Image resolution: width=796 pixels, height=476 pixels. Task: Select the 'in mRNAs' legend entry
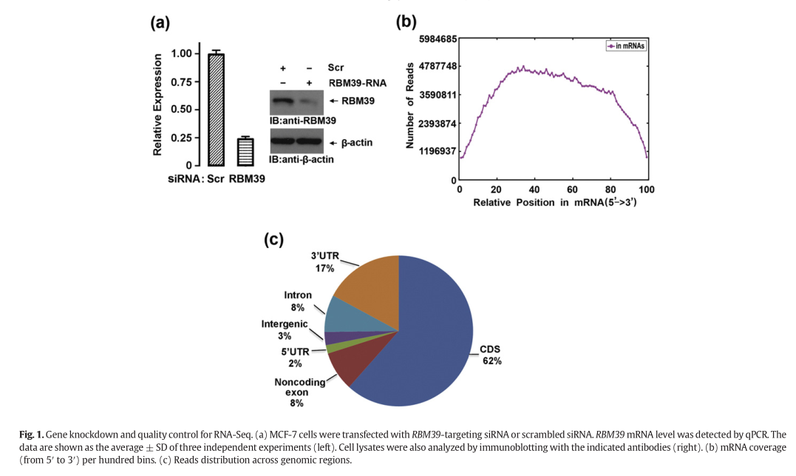coord(625,46)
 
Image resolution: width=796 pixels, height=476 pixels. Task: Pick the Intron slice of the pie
coord(344,315)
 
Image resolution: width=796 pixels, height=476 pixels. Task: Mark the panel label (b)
coord(407,21)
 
